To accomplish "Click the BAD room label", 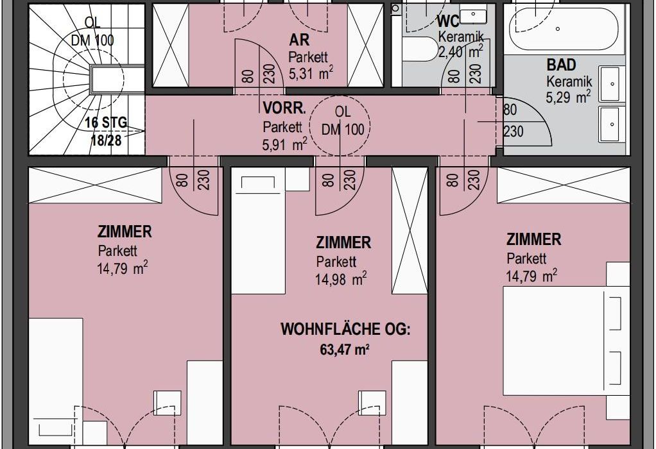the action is [x=561, y=65].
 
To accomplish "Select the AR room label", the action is [x=299, y=40].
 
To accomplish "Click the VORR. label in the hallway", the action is [x=284, y=108].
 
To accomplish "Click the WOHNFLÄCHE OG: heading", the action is [x=345, y=330].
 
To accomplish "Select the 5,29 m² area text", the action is [x=568, y=97].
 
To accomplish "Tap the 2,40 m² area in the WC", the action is [x=460, y=51].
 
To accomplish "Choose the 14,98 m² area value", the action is [x=341, y=278].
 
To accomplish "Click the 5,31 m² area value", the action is [x=311, y=74].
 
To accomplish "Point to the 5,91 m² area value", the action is [x=284, y=145].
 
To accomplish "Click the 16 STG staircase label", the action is [x=106, y=123].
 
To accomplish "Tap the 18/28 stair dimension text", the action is [x=107, y=140].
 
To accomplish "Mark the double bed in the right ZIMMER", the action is [x=566, y=341].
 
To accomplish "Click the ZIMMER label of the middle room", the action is [x=343, y=243].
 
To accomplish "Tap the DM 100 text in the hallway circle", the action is [x=343, y=130].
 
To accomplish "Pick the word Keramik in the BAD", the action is [x=569, y=81].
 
